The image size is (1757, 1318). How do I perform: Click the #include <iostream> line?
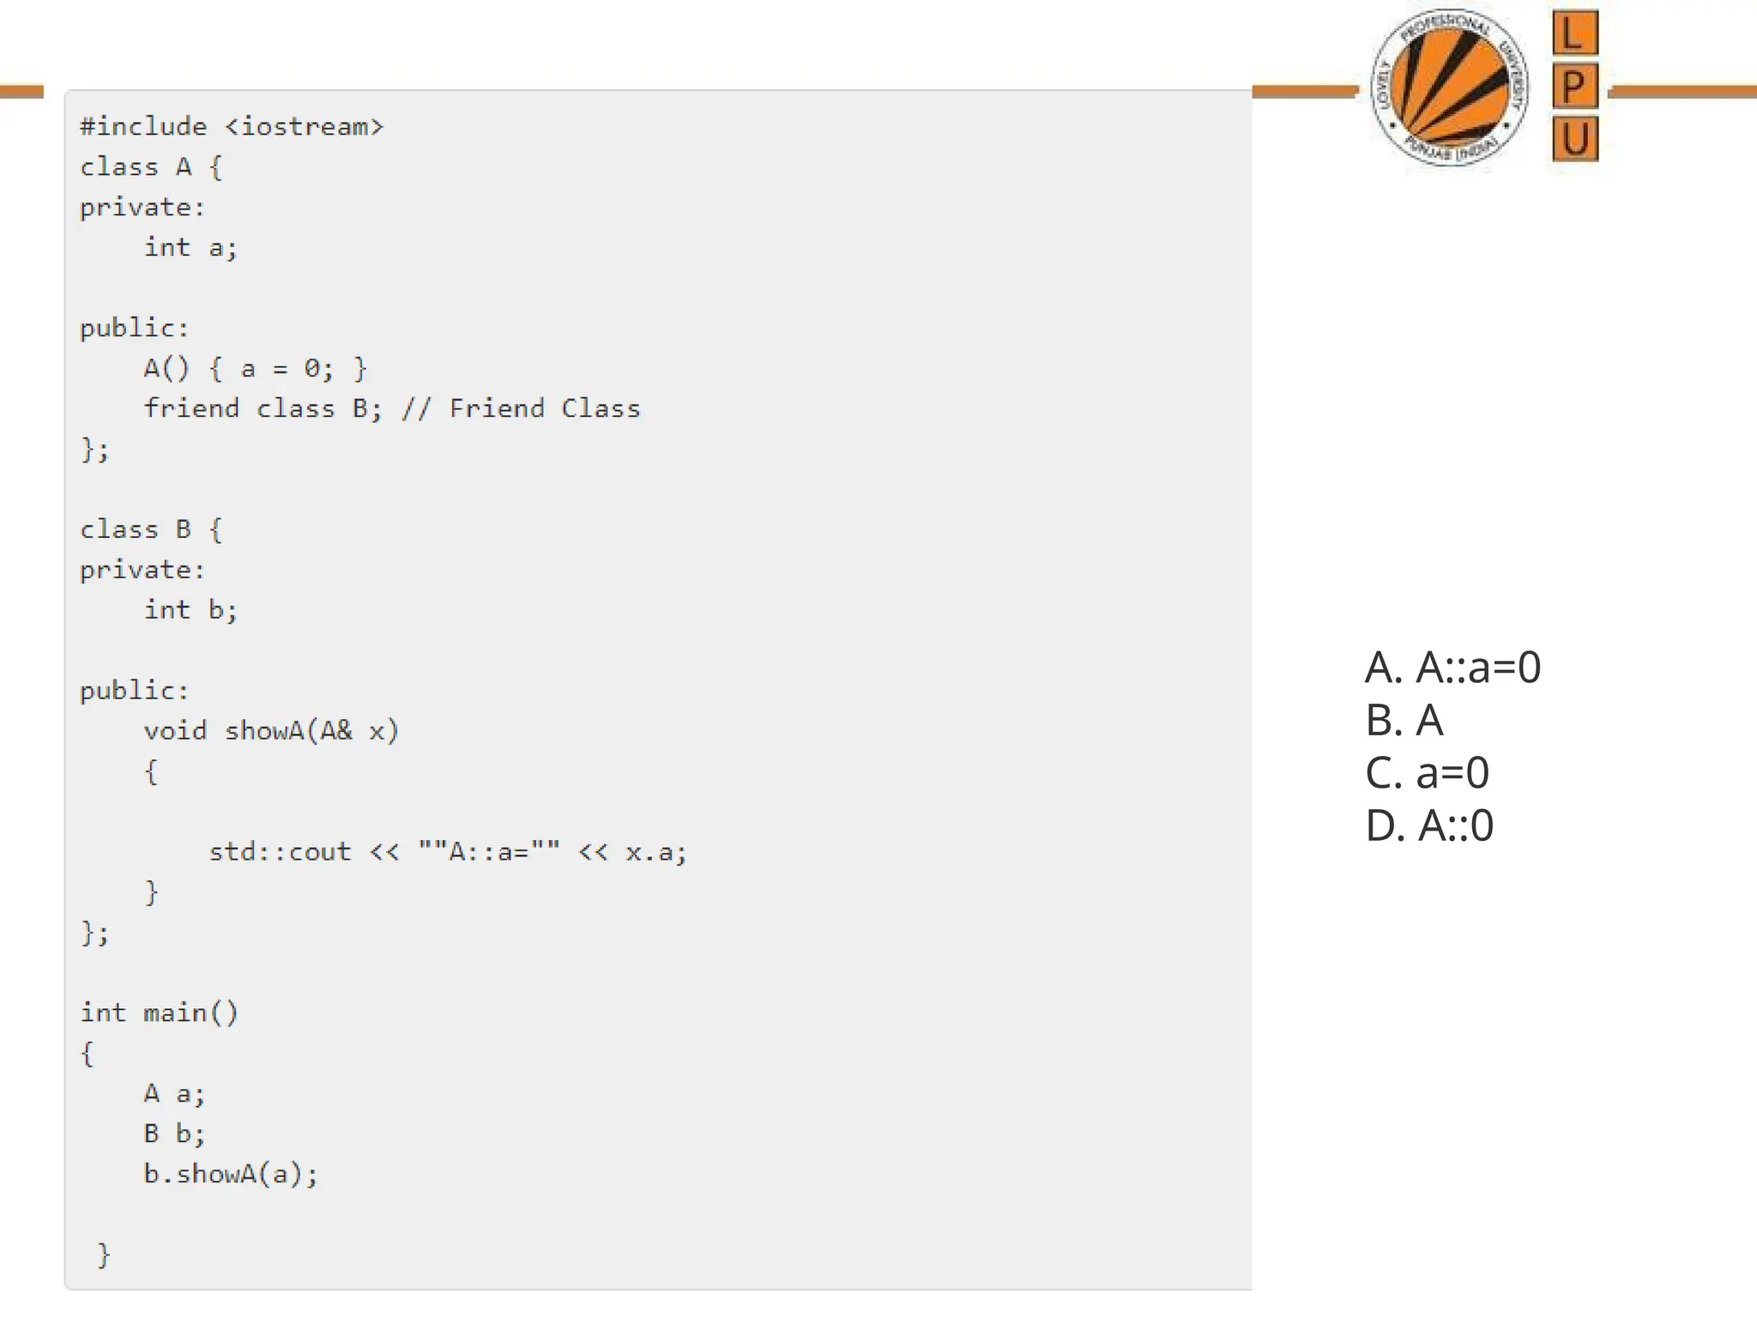coord(232,127)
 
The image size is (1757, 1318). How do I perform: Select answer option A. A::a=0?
coord(1452,668)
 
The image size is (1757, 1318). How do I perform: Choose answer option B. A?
coord(1404,720)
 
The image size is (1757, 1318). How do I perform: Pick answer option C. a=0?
coord(1427,773)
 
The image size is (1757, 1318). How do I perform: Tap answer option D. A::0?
coord(1429,825)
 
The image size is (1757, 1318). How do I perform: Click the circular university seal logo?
coord(1450,87)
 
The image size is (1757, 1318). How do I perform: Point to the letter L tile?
coord(1574,33)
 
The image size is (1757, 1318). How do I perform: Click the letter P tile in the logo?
coord(1574,86)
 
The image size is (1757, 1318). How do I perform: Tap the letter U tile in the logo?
coord(1574,138)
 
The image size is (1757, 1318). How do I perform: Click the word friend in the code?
coord(191,408)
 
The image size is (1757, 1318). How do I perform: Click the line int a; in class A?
coord(190,248)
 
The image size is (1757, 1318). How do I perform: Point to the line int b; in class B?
coord(190,610)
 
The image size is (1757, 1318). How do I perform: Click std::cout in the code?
coord(280,852)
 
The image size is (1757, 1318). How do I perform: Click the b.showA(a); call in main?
coord(230,1174)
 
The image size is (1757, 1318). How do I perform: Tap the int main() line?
coord(160,1013)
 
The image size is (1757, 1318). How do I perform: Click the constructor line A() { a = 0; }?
coord(255,369)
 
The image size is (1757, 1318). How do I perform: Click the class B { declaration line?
coord(151,529)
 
